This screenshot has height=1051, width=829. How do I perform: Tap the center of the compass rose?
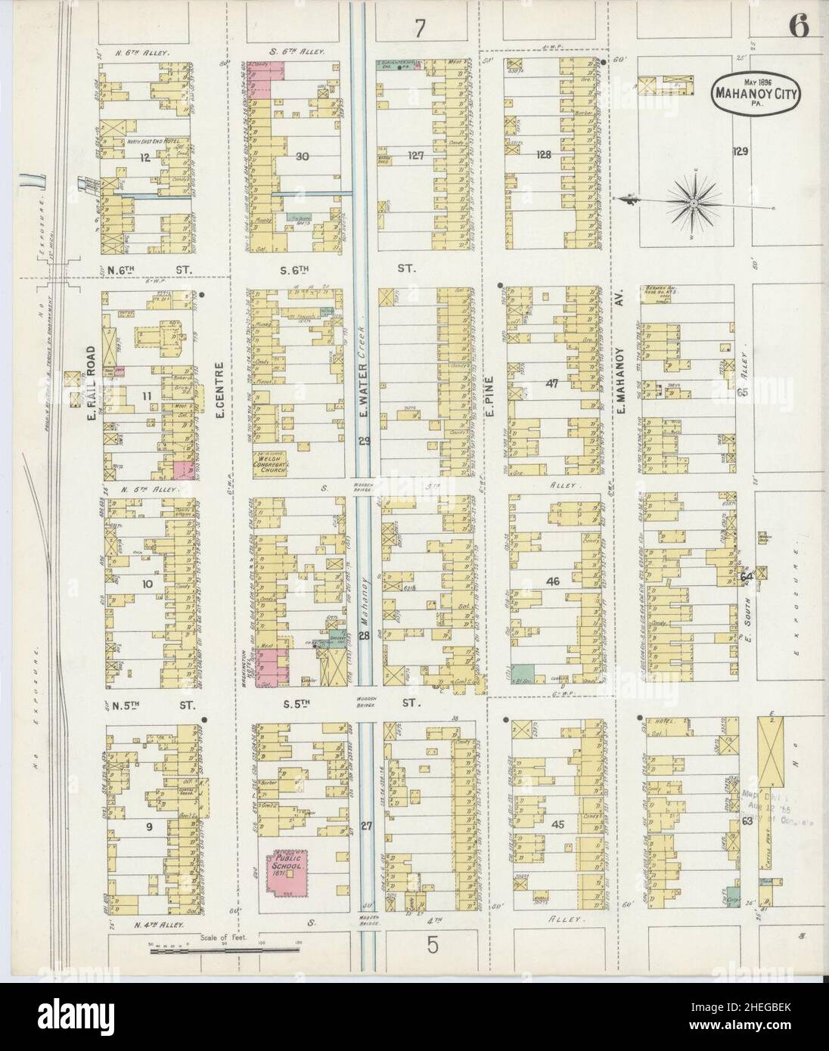tap(694, 201)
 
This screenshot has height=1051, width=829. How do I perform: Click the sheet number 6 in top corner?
tap(799, 27)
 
